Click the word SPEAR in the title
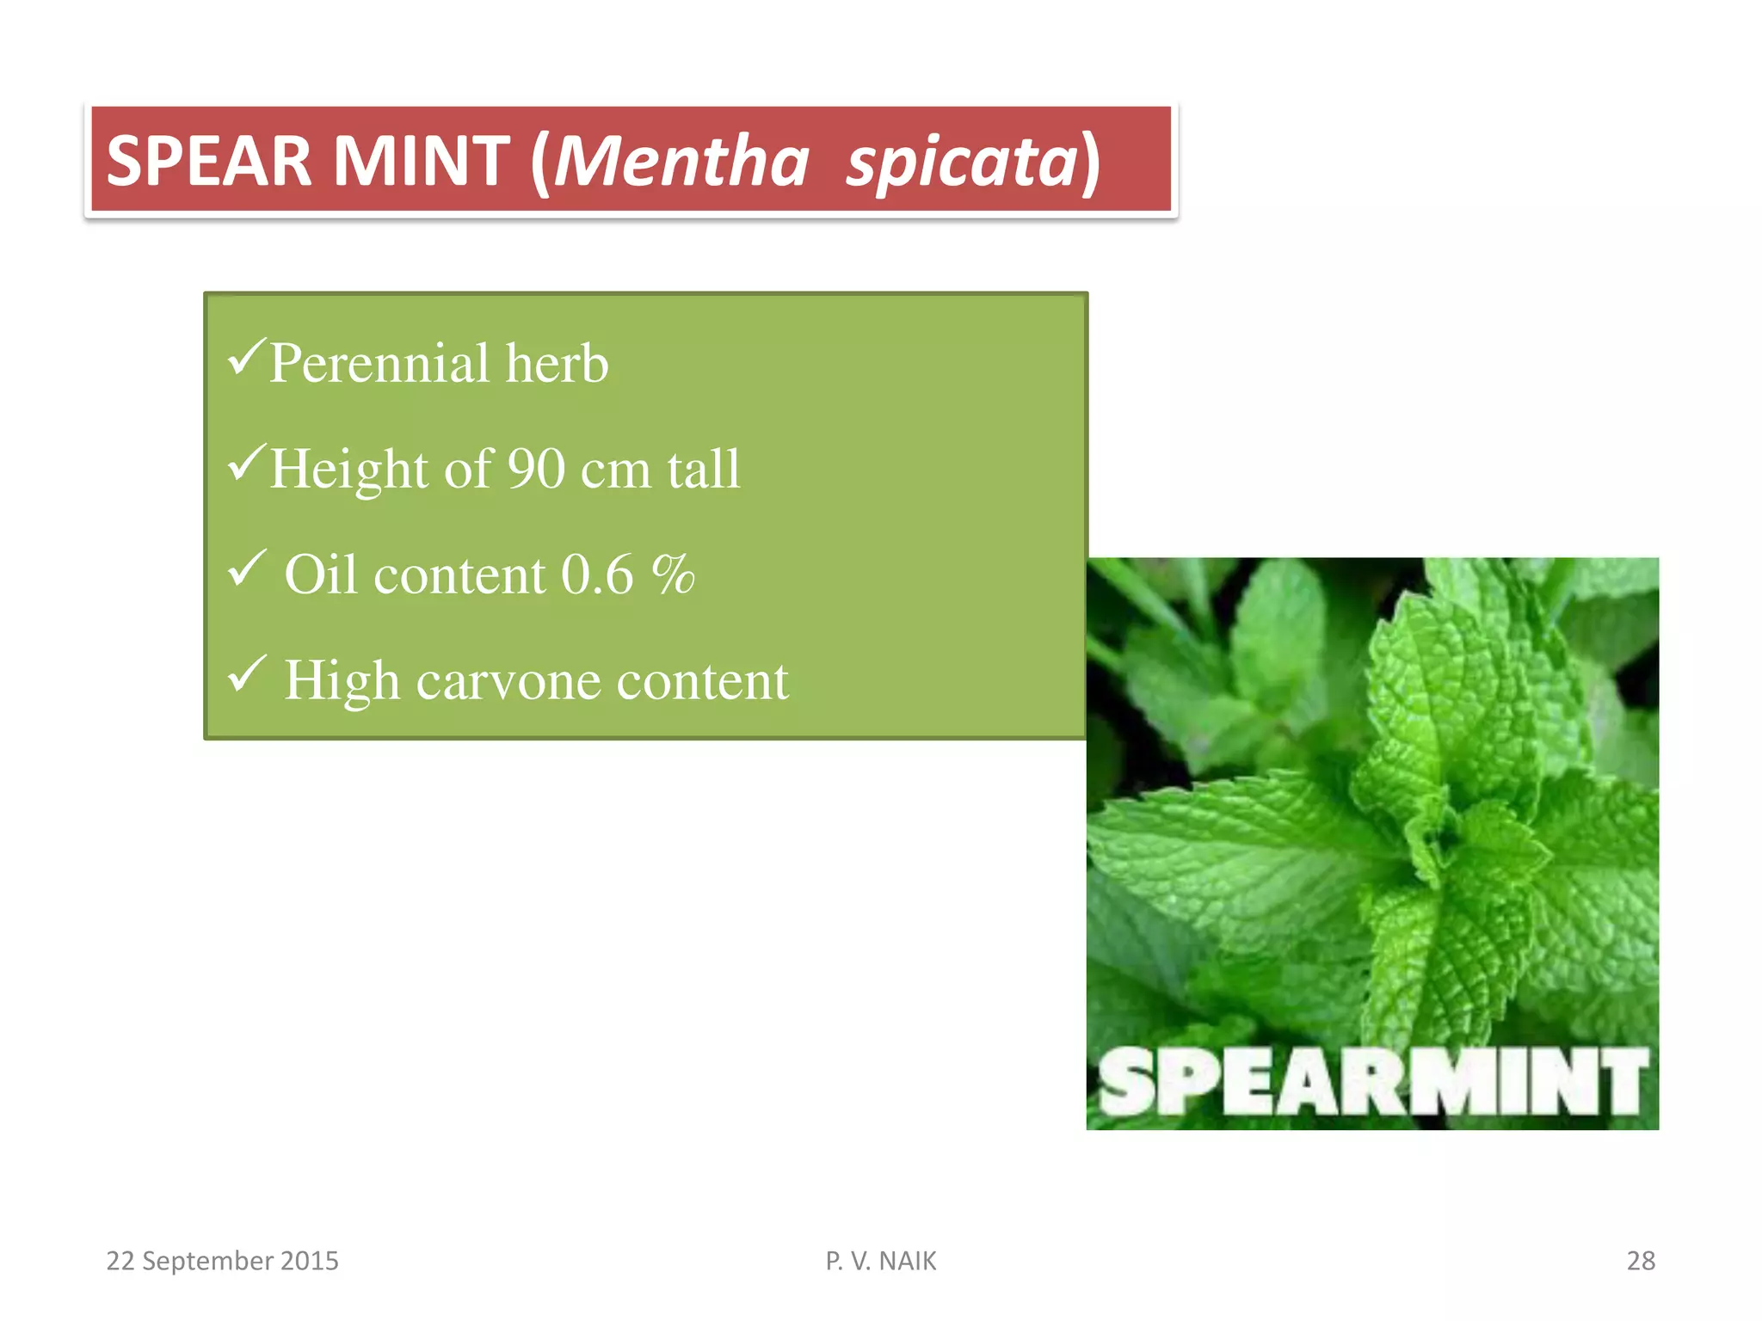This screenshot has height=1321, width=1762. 208,162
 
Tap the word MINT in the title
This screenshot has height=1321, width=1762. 421,162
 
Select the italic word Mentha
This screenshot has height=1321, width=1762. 681,162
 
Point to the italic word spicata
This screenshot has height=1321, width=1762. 962,163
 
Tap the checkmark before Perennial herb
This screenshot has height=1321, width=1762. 246,358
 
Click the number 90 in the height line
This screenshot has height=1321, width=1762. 535,470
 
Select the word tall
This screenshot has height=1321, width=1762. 704,470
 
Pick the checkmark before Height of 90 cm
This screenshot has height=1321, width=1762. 246,464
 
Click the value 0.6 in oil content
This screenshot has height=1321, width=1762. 597,574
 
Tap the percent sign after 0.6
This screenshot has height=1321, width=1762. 673,574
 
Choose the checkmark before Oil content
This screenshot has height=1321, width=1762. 246,568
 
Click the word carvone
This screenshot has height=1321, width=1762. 508,681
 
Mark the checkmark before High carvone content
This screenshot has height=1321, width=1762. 246,675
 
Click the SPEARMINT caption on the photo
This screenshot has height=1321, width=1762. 1372,1083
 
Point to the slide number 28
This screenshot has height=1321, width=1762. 1641,1261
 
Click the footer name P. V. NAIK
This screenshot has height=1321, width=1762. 880,1261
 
